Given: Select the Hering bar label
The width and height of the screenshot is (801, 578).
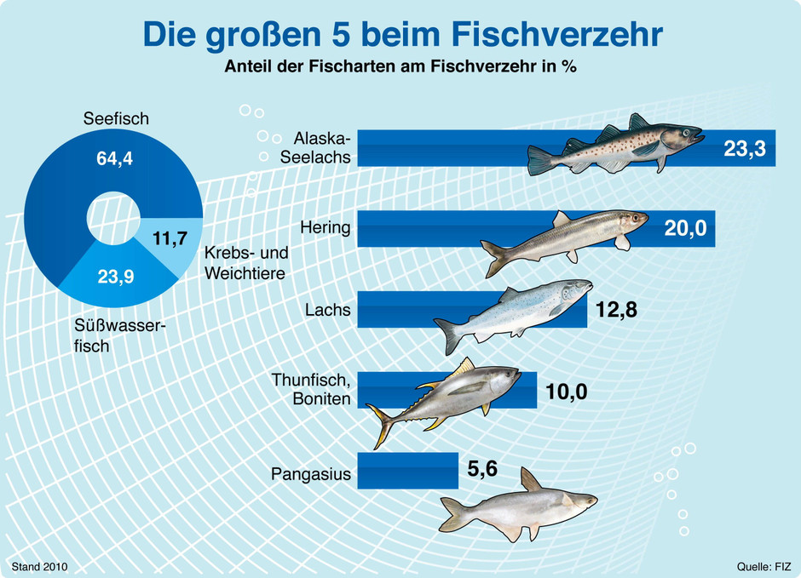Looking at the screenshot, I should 326,228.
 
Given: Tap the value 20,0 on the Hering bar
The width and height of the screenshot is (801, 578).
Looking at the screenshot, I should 687,229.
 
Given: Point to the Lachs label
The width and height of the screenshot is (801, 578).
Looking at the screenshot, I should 328,310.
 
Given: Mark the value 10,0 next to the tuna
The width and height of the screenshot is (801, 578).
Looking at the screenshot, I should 568,392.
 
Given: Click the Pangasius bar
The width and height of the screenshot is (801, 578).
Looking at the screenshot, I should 407,471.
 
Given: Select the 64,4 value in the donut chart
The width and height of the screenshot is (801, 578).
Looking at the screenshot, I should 114,158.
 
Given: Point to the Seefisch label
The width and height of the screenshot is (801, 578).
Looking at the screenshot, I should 116,119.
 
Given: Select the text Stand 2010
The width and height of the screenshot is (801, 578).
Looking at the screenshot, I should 39,565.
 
